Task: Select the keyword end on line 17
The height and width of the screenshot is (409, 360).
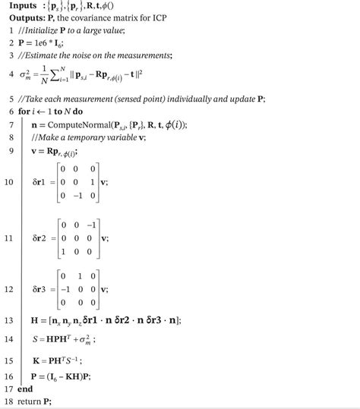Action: click(26, 389)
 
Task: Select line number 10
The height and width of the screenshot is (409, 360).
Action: click(11, 183)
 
